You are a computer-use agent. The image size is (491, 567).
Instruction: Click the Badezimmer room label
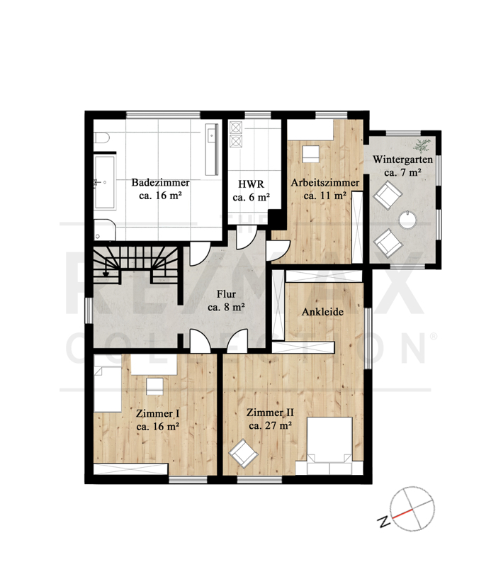(160, 189)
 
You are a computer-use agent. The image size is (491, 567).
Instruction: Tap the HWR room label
(251, 191)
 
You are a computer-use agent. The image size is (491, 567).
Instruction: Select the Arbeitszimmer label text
(325, 189)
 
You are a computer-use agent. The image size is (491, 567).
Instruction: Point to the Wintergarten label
(402, 166)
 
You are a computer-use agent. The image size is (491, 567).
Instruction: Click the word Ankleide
(322, 312)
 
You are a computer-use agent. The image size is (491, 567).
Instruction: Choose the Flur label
(226, 301)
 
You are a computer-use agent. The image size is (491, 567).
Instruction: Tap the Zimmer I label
(157, 420)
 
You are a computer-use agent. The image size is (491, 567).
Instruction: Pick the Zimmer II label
(270, 419)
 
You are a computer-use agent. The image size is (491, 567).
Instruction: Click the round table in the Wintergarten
(407, 219)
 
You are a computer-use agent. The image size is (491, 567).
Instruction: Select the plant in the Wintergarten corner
(422, 145)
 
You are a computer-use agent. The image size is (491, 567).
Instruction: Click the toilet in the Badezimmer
(101, 139)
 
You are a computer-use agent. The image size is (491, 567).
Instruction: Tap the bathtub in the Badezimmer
(105, 182)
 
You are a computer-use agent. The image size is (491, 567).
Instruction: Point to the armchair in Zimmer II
(243, 452)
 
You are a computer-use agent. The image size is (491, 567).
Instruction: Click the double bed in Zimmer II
(329, 446)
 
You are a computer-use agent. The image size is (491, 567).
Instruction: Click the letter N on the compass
(384, 521)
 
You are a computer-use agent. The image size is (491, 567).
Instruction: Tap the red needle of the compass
(402, 514)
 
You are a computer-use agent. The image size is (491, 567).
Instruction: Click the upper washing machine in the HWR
(236, 128)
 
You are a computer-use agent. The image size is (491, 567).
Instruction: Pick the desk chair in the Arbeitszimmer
(310, 154)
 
